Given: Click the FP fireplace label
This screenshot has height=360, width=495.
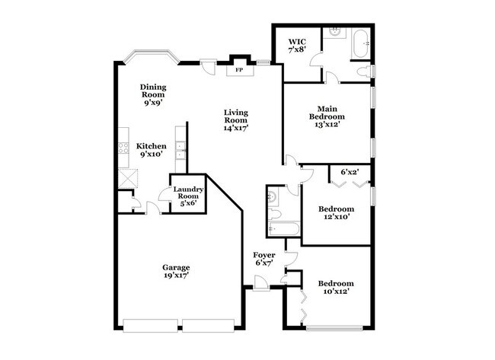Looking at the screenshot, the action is (x=239, y=70).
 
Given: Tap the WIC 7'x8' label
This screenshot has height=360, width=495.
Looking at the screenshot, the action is (x=297, y=46).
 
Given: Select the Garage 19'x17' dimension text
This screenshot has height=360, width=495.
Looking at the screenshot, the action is (x=176, y=272).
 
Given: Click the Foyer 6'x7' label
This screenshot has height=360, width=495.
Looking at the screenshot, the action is (x=264, y=259).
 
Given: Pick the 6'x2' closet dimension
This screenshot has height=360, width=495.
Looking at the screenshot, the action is (x=350, y=172).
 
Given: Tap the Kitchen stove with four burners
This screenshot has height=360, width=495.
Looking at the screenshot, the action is (x=123, y=148).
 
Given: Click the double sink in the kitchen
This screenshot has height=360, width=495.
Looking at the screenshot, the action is (x=180, y=151).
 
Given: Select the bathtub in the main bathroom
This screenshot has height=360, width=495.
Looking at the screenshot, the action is (x=362, y=44).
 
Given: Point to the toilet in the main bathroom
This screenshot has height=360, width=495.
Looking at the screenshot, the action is (x=364, y=72).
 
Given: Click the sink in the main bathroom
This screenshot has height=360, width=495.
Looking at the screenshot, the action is (x=334, y=31).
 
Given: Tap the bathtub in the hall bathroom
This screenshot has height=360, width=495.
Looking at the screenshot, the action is (x=283, y=228).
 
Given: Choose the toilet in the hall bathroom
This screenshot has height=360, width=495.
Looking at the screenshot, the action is (x=274, y=215).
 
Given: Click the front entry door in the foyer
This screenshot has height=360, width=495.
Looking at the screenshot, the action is (x=260, y=282).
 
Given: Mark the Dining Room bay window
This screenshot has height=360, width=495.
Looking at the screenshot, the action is (x=151, y=56).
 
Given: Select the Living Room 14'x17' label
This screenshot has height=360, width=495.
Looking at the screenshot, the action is (x=236, y=120).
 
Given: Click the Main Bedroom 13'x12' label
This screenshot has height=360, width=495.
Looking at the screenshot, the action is (x=327, y=116).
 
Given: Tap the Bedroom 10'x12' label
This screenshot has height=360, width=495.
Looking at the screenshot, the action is (x=336, y=287).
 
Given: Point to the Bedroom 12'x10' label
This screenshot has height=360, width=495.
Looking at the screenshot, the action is (x=336, y=212).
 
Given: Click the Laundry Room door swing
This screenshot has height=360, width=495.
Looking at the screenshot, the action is (x=164, y=194).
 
